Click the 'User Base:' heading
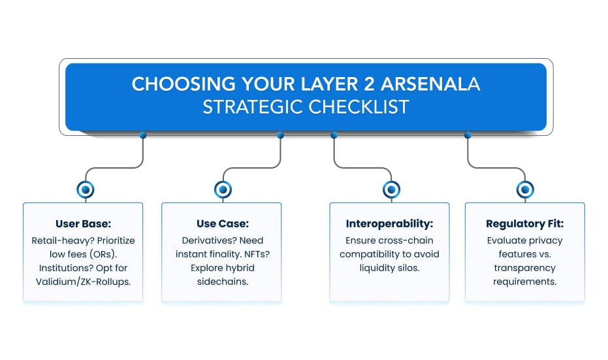(x=84, y=224)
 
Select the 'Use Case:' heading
(x=223, y=224)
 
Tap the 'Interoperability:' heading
(x=389, y=224)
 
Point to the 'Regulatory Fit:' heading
(x=524, y=224)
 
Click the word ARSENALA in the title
(x=430, y=84)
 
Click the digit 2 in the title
(x=369, y=84)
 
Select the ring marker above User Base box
(x=86, y=189)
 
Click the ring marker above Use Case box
(x=223, y=189)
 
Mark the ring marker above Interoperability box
(x=391, y=189)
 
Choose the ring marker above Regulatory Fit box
(x=526, y=189)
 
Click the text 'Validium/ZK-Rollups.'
(x=84, y=282)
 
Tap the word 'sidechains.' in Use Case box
(x=223, y=282)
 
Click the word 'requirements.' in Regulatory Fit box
(x=524, y=282)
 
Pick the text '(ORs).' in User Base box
(x=103, y=255)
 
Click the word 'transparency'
(x=524, y=269)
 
